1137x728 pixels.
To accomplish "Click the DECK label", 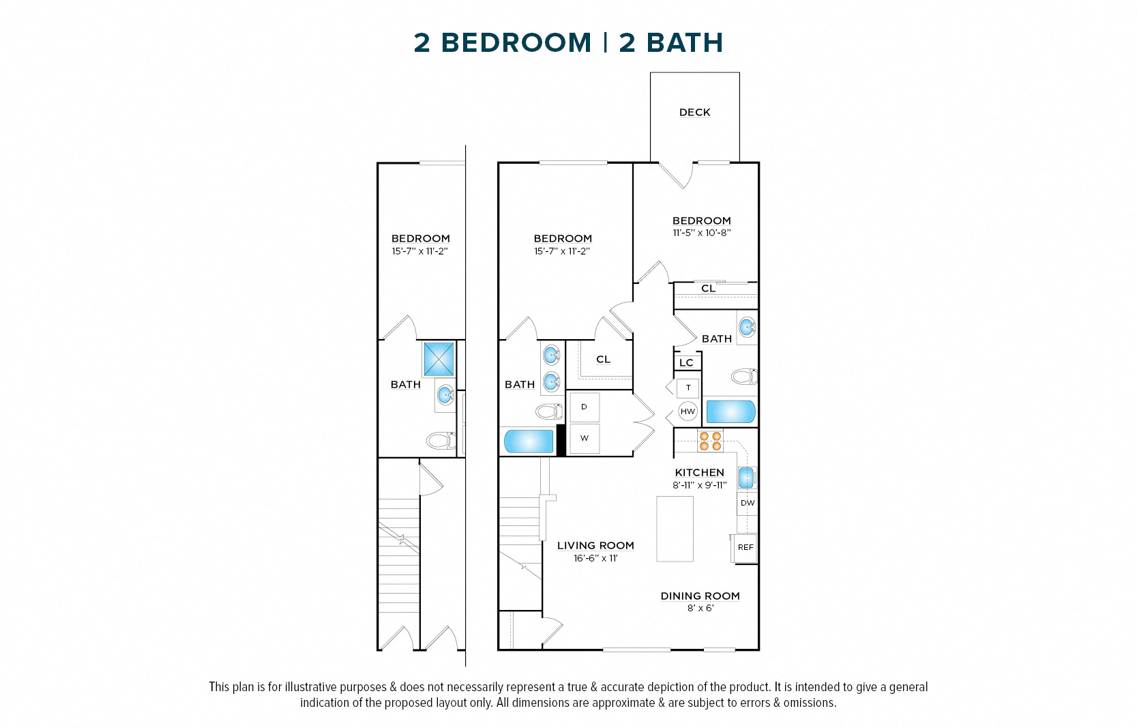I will [694, 113].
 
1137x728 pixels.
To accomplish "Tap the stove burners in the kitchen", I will [710, 441].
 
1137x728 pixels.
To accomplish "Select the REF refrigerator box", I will [745, 548].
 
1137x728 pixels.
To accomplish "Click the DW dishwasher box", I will [748, 504].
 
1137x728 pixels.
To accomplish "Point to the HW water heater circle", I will [688, 411].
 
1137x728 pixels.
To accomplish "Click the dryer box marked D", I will [584, 407].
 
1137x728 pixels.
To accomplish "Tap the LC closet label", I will [687, 363].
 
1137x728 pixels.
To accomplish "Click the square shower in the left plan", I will [439, 359].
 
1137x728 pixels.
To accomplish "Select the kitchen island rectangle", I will [675, 529].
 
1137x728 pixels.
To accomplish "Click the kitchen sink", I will [747, 477].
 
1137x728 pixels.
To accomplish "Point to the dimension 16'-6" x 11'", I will [595, 559].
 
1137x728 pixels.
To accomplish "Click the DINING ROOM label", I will [700, 596].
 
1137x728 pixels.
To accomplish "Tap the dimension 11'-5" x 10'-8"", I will [702, 233].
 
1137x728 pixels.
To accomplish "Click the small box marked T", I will [688, 388].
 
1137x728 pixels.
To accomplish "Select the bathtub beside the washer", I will [529, 441].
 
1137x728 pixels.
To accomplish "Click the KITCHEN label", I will [699, 473].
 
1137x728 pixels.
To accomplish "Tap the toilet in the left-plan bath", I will [441, 440].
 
